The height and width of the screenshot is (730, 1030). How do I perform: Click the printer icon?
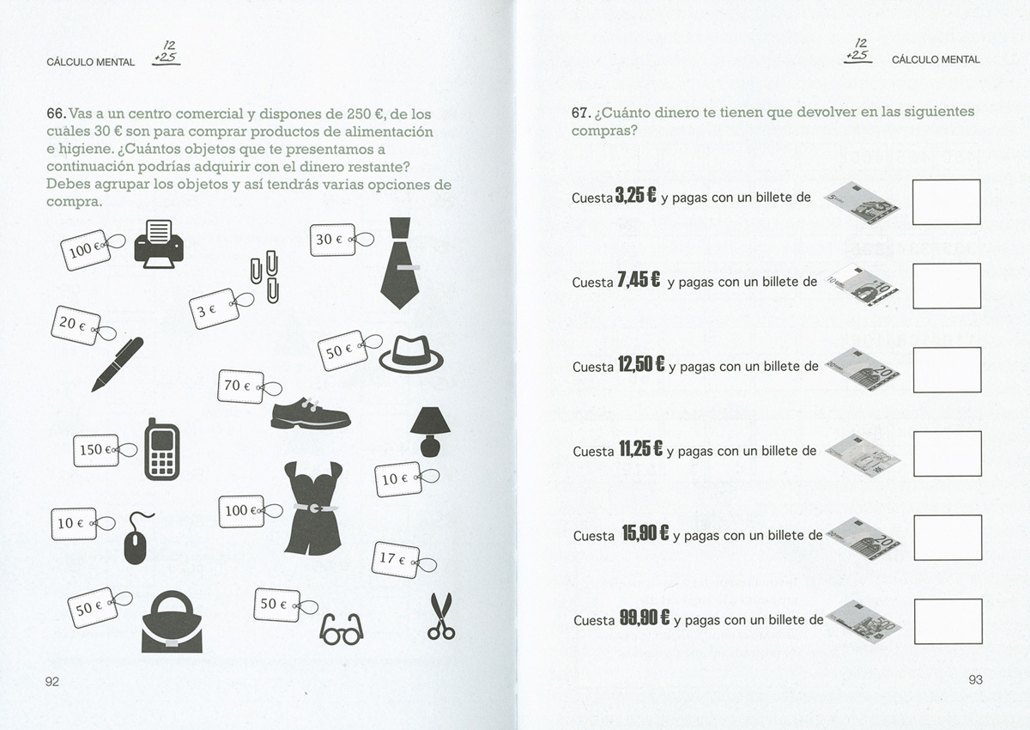(159, 244)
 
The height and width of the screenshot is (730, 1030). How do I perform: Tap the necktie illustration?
(400, 263)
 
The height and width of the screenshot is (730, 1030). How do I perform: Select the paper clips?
(265, 277)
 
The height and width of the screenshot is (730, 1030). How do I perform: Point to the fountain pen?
(118, 364)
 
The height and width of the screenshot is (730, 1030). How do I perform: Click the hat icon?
(411, 353)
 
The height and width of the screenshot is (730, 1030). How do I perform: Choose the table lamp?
(430, 432)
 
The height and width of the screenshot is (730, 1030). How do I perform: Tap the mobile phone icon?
(162, 449)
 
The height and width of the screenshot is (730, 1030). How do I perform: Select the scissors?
(441, 617)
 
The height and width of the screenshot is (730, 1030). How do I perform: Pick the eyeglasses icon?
(342, 629)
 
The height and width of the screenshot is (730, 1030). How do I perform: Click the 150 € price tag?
(105, 450)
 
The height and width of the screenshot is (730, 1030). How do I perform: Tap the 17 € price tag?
(403, 560)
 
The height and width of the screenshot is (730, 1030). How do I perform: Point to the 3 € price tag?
(221, 307)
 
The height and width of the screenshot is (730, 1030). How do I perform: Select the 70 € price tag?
(249, 386)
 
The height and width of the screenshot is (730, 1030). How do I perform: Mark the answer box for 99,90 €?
(948, 622)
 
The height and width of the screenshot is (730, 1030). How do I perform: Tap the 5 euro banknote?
(861, 203)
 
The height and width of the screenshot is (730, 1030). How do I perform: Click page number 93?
(975, 679)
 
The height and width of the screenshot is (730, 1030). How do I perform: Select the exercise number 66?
(57, 113)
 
